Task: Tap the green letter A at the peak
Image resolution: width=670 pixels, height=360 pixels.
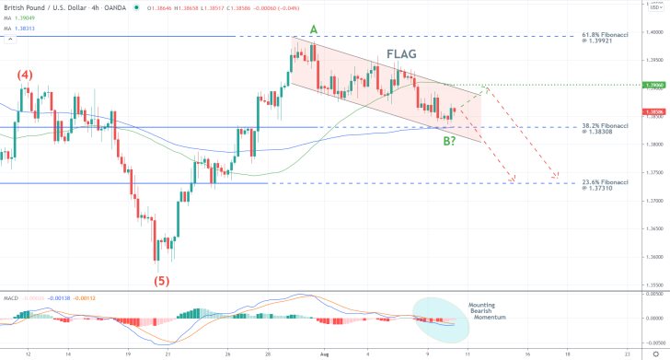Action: tap(314, 30)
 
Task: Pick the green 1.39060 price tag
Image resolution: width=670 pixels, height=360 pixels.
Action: tap(655, 85)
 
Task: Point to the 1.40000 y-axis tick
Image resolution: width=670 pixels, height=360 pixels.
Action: tap(655, 31)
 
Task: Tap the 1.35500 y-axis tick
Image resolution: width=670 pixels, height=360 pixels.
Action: tap(655, 285)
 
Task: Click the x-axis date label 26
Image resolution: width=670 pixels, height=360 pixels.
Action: tap(226, 353)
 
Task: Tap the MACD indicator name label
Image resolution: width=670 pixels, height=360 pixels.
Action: tap(11, 297)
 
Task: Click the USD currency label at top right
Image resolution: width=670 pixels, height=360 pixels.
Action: tap(655, 6)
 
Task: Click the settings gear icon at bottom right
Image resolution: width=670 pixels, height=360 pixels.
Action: tap(655, 353)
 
